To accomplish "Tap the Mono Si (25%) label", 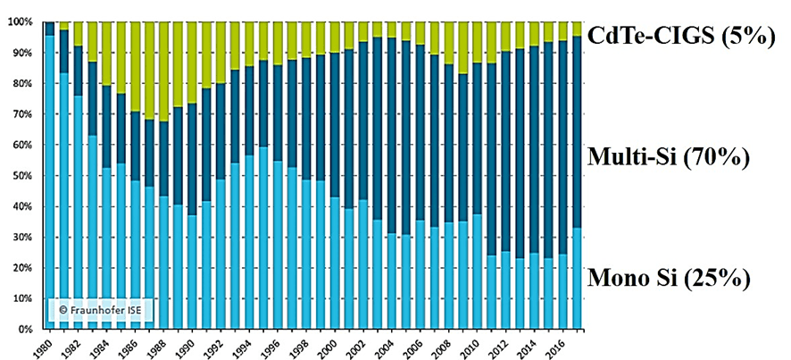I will click(668, 277).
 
